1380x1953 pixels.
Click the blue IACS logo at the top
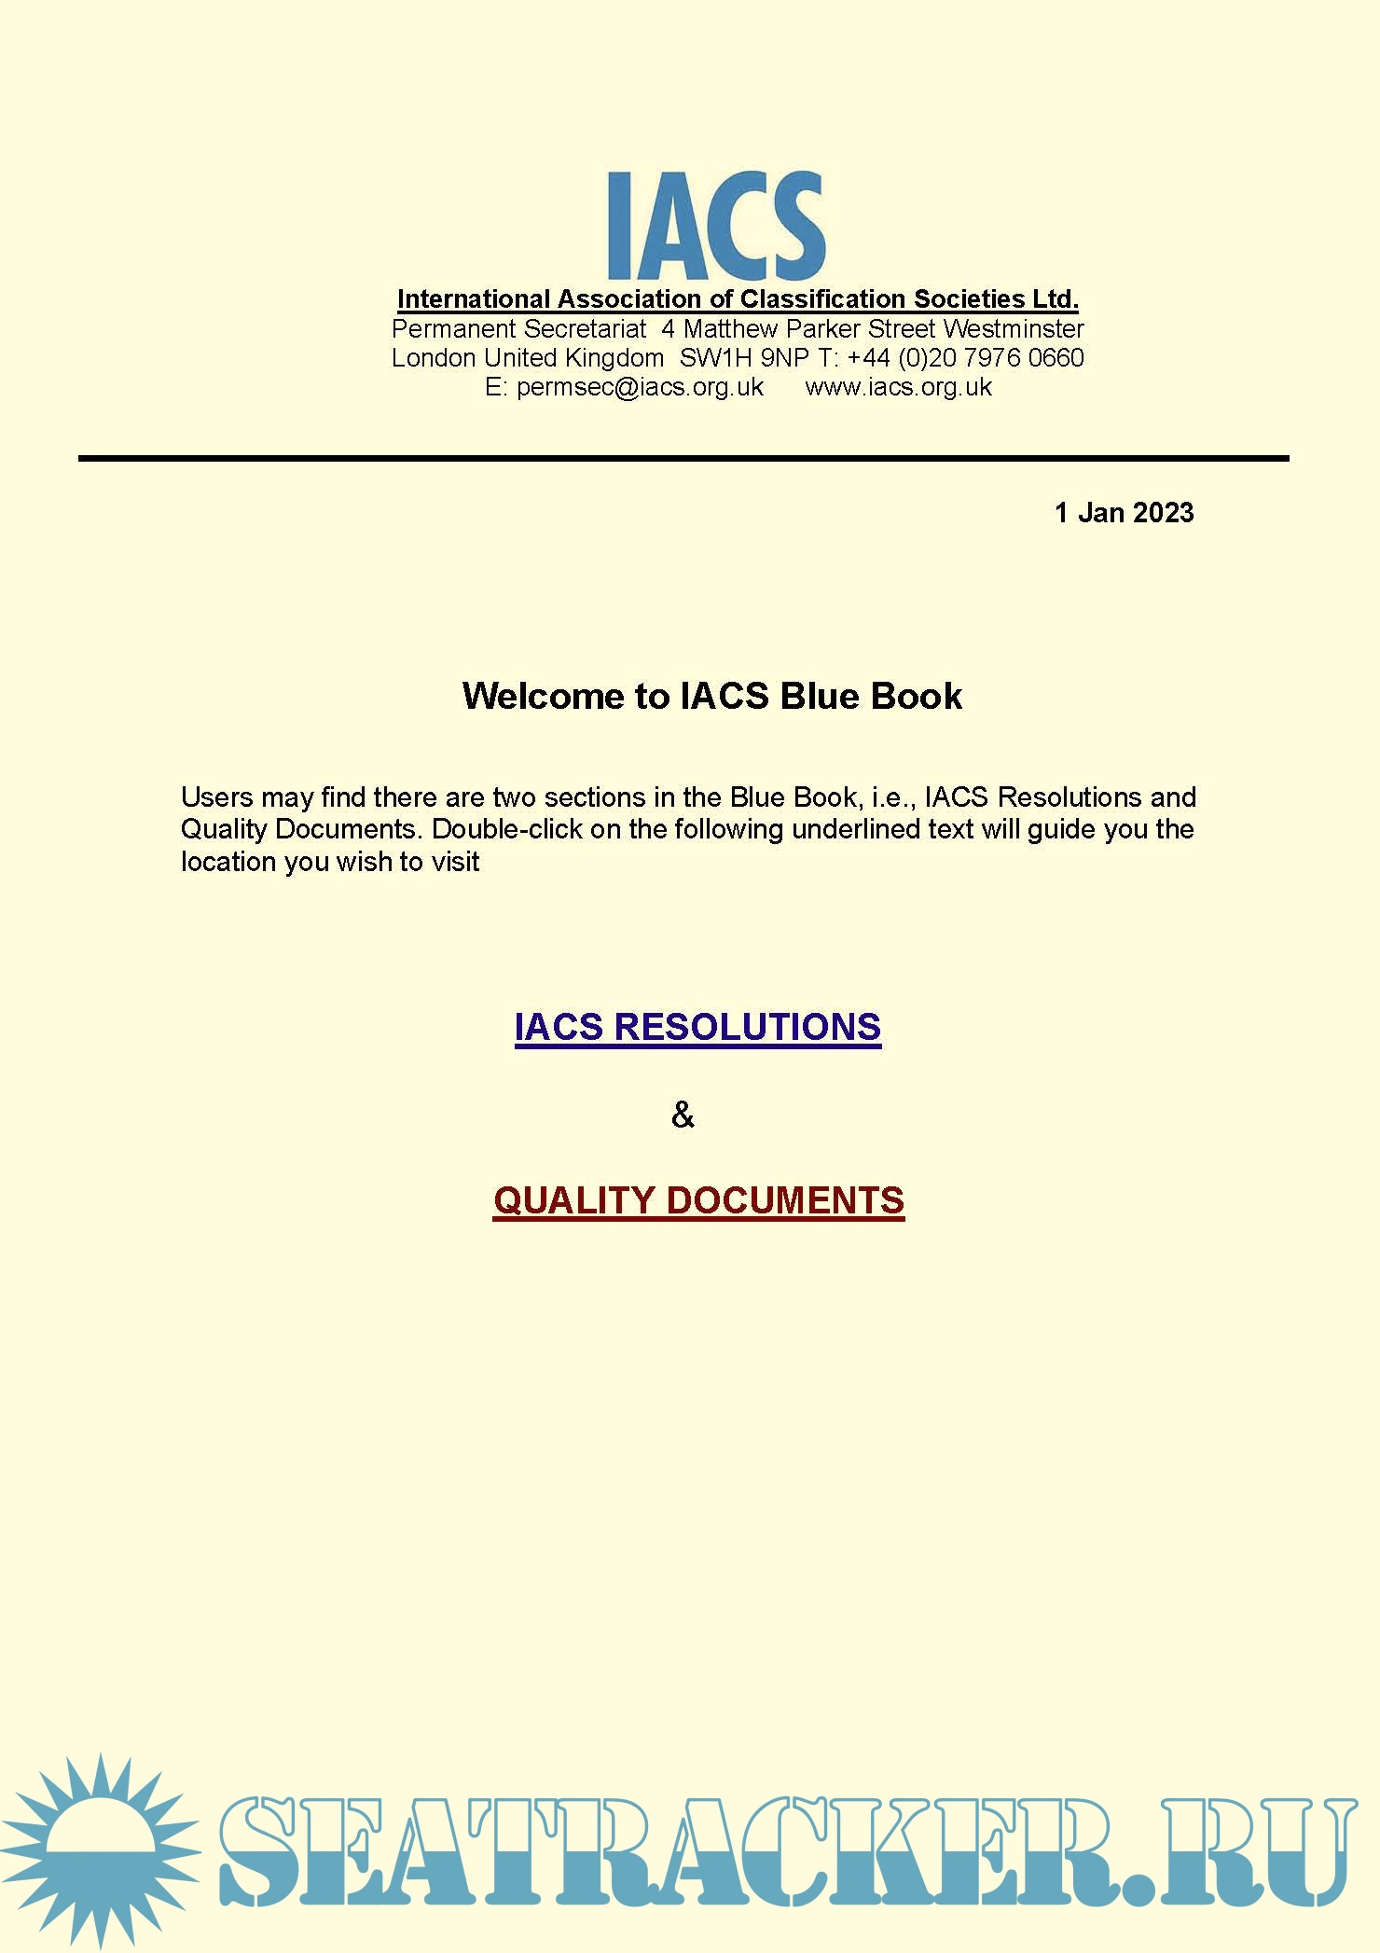pos(715,225)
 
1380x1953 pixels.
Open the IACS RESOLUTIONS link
pos(697,1027)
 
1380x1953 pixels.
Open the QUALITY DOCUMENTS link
pos(698,1200)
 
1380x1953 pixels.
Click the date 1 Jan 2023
pos(1124,513)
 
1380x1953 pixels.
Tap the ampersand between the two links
pos(683,1115)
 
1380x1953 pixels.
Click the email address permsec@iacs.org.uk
pos(640,387)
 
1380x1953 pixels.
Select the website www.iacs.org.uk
pos(898,387)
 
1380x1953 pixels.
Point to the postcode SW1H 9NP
pos(744,358)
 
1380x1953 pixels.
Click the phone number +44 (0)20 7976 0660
pos(965,358)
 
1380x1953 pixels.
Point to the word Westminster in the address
pos(1014,329)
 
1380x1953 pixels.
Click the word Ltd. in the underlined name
pos(1055,299)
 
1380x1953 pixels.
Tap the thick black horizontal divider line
pos(683,459)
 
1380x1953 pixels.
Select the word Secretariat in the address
pos(585,329)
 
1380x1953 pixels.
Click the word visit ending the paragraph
pos(455,862)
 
